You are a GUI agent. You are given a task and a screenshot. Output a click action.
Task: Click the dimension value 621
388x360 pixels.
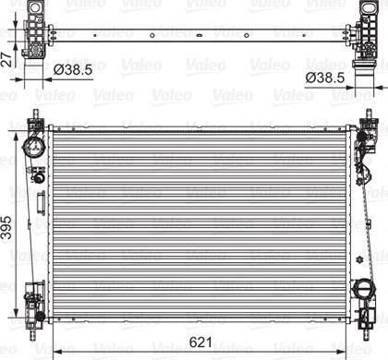200,342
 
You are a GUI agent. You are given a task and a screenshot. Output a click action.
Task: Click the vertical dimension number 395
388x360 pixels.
6,228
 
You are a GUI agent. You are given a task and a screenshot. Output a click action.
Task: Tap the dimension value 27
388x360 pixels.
6,59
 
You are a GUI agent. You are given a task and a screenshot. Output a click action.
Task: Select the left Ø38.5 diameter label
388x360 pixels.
73,70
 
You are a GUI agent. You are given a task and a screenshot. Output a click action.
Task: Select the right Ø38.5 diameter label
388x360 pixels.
325,78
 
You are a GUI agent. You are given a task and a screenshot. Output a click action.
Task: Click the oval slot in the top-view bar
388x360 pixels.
200,35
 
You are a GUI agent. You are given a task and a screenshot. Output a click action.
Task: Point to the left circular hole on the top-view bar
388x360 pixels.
152,35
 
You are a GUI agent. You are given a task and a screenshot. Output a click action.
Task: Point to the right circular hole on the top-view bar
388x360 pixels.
247,35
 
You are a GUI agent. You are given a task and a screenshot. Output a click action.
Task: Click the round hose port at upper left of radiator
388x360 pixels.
33,147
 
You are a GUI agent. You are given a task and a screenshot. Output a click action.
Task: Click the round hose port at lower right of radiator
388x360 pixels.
364,289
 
